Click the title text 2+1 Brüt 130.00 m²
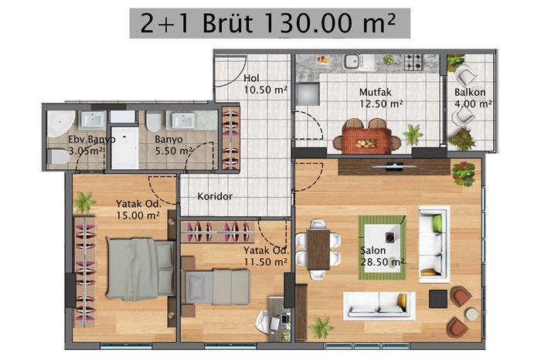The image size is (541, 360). (x=268, y=23)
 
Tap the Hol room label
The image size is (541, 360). (x=251, y=78)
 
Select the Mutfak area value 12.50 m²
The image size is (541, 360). (x=381, y=104)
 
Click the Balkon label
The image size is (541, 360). (x=470, y=92)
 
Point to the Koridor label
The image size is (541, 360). (x=215, y=196)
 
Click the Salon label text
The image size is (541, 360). (x=373, y=250)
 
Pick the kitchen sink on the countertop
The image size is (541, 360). (x=353, y=62)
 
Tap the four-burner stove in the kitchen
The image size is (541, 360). (x=413, y=62)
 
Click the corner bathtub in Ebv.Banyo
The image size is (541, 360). (x=60, y=123)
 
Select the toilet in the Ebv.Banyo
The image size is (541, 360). (x=58, y=157)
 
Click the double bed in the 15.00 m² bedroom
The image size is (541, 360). (x=140, y=269)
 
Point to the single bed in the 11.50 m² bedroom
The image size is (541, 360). (x=216, y=287)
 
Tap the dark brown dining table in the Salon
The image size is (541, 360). (x=318, y=250)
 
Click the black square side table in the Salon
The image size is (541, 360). (x=438, y=299)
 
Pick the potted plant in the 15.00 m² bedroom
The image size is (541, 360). (x=83, y=202)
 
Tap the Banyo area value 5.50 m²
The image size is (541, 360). (x=174, y=151)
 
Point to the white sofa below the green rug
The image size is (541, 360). (x=379, y=305)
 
